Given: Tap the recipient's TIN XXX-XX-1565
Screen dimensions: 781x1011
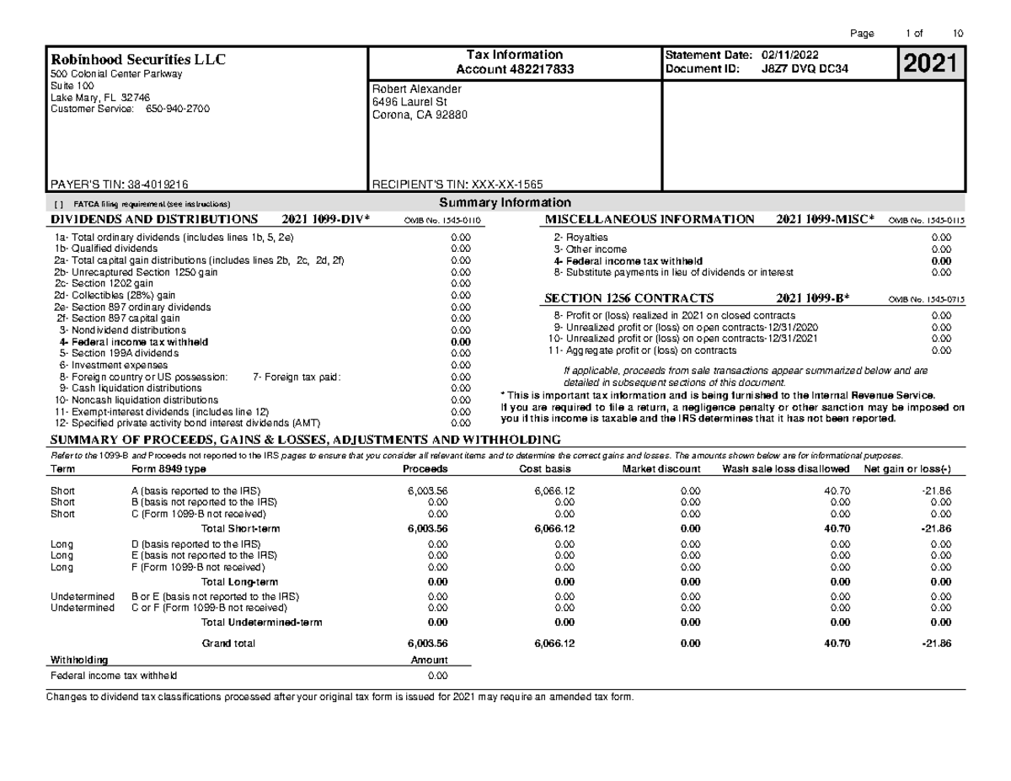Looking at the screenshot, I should click(508, 183).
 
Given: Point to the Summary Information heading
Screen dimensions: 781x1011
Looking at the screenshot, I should click(505, 202).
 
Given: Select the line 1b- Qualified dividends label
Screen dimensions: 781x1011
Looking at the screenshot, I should click(105, 249).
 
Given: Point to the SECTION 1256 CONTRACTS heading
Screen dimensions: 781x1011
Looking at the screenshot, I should click(629, 298).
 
